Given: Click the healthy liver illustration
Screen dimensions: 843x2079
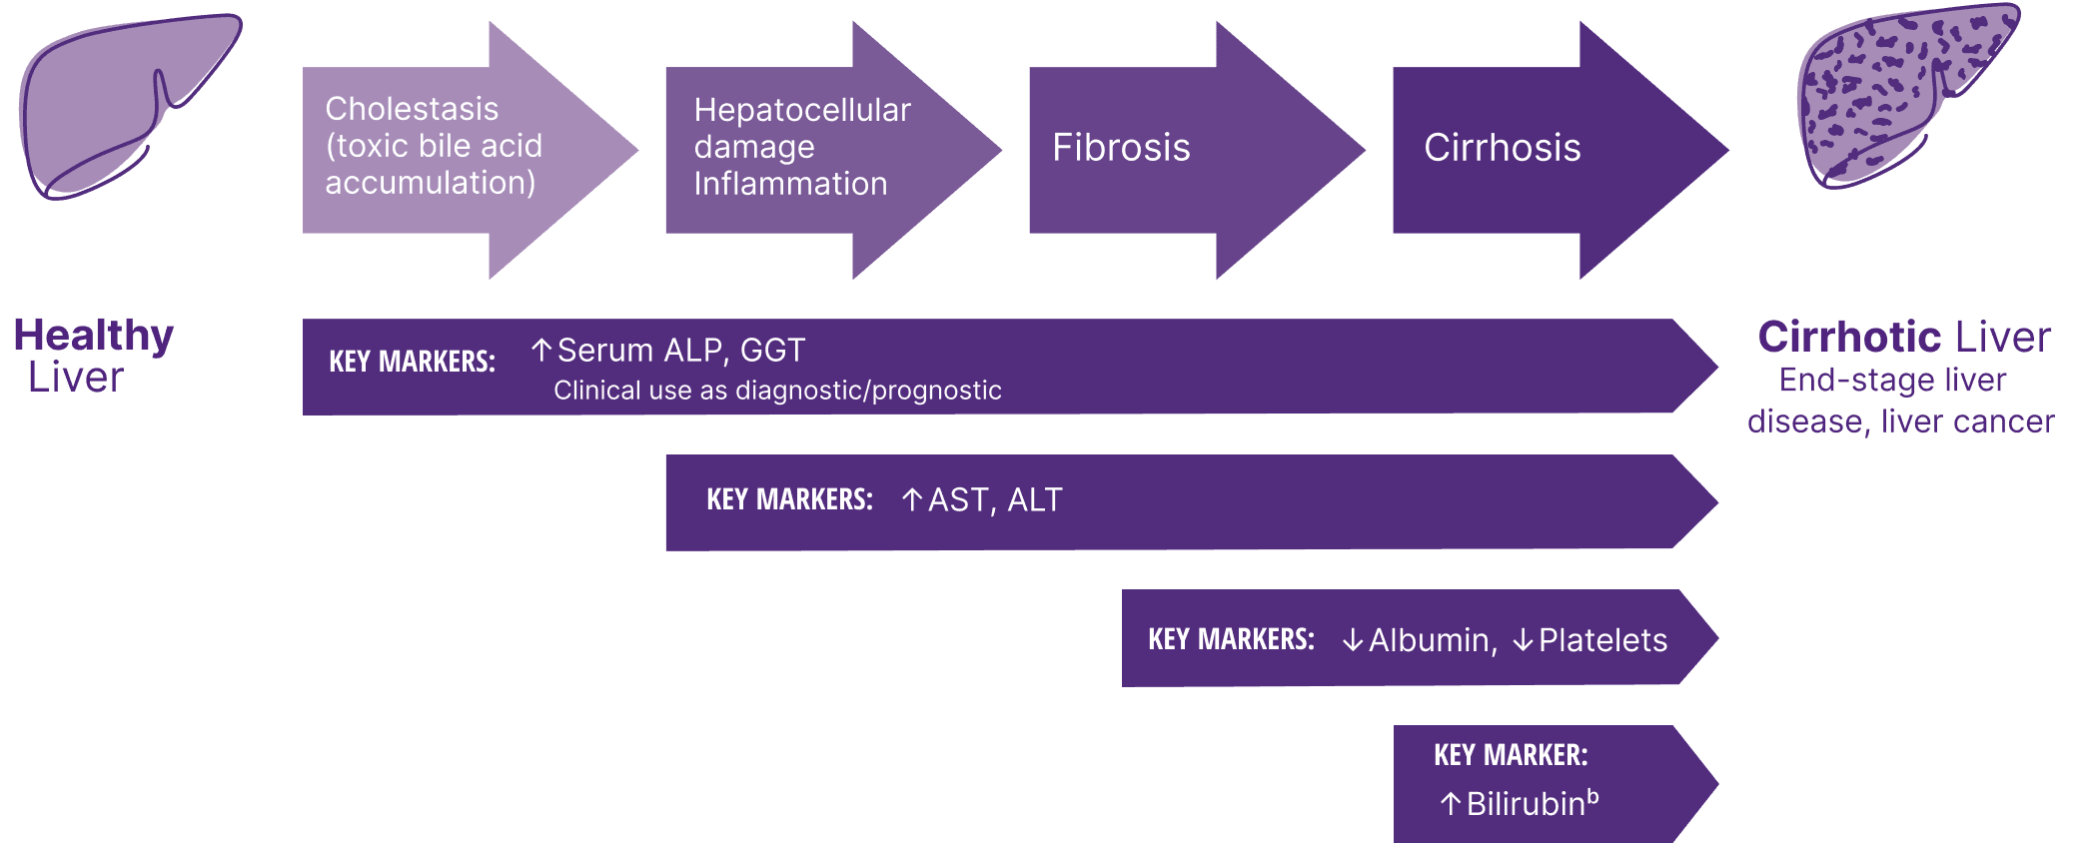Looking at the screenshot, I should click(125, 105).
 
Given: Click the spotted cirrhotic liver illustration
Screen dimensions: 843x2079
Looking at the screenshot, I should click(1903, 95).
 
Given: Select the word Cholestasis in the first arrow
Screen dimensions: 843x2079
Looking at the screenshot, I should click(412, 109).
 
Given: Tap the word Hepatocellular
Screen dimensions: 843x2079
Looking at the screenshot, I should click(802, 110).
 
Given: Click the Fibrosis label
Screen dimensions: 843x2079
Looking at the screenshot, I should click(1121, 148).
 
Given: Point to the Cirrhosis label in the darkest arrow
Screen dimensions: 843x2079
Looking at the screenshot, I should click(1502, 148).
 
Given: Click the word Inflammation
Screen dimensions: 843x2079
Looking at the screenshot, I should click(790, 184).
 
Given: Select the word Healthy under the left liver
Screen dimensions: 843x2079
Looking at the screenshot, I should click(94, 336).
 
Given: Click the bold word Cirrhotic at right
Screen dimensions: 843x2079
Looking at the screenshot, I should click(1848, 338).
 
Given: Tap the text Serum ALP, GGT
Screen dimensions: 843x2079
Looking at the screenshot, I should click(680, 351).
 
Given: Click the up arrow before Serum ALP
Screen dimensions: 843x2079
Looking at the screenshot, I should click(541, 351).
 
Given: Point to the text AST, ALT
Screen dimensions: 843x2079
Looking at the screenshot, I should click(995, 499).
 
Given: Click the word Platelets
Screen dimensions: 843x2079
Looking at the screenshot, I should click(1602, 640).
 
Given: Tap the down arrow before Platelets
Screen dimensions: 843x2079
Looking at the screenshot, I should click(1523, 640).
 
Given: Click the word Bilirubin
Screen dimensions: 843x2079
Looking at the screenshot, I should click(1526, 804).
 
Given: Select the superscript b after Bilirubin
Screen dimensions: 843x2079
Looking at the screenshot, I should click(1592, 796).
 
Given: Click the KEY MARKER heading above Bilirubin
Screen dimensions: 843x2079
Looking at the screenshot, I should click(1511, 755).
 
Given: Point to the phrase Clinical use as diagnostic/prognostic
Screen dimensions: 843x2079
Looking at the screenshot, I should click(777, 391).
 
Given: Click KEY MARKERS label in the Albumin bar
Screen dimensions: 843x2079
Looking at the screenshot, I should click(1231, 639).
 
